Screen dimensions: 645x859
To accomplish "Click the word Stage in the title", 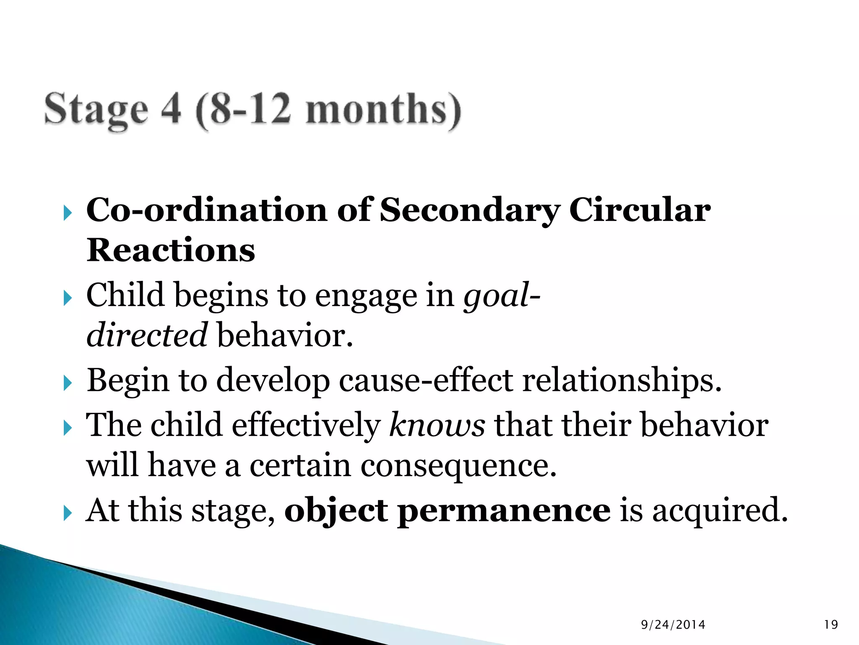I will click(96, 110).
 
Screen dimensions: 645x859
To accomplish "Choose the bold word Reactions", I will click(171, 250).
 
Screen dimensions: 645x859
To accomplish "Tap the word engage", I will click(366, 296).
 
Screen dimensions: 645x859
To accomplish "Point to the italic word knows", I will click(437, 425).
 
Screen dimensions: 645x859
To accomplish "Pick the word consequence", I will click(458, 466).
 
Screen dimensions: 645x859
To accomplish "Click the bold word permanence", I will click(504, 511).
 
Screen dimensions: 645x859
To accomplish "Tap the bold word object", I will click(336, 511).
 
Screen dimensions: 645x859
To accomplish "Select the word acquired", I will click(720, 511).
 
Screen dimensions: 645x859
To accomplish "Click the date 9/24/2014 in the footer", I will click(673, 625).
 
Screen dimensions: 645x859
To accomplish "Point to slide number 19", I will click(831, 625).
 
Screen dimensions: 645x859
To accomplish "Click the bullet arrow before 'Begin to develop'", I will click(68, 383).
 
